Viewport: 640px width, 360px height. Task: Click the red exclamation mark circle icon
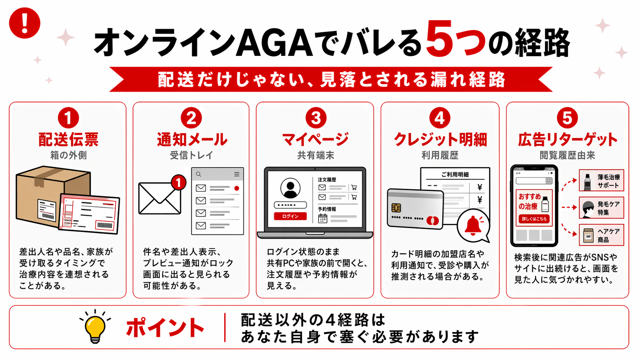click(x=24, y=23)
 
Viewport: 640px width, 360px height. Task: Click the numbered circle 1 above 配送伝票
click(x=68, y=118)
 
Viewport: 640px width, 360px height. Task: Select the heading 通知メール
click(x=191, y=139)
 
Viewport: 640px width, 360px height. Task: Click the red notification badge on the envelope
click(x=178, y=182)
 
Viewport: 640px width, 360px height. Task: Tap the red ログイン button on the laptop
click(x=290, y=216)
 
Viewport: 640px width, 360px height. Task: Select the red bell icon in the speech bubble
click(x=473, y=225)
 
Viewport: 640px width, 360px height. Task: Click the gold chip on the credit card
click(x=397, y=208)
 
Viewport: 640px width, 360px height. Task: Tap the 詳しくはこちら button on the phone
click(x=534, y=219)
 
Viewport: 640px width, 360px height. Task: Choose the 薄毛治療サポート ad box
click(x=601, y=181)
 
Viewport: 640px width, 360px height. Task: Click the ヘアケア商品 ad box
click(x=601, y=235)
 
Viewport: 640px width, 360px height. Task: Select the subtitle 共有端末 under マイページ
click(x=315, y=155)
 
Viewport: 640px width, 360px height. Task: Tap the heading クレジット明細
click(x=440, y=139)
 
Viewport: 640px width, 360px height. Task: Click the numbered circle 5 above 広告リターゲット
click(x=567, y=118)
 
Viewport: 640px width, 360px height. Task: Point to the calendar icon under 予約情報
click(x=323, y=218)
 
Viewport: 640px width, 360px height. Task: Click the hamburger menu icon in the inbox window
click(x=237, y=174)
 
